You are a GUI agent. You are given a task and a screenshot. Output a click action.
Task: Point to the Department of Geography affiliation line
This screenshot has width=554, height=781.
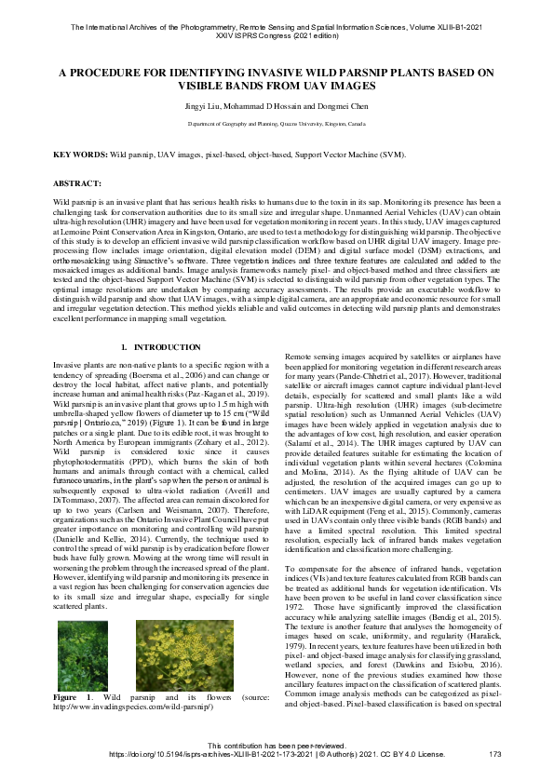click(x=277, y=123)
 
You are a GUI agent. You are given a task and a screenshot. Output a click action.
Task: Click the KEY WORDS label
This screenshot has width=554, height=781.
click(x=80, y=154)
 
